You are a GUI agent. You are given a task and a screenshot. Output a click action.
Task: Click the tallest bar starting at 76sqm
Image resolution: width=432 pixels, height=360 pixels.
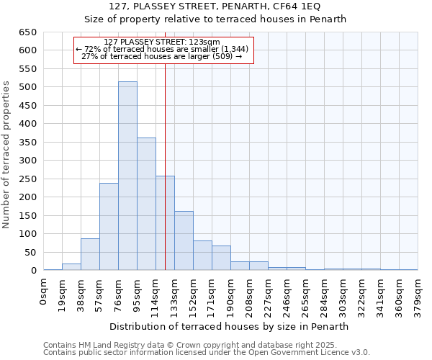pyautogui.click(x=127, y=176)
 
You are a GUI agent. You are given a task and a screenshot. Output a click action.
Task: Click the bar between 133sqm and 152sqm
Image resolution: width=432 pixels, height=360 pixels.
pyautogui.click(x=184, y=240)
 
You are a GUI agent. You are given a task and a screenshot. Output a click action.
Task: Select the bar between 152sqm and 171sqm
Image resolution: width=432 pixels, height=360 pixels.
pyautogui.click(x=202, y=256)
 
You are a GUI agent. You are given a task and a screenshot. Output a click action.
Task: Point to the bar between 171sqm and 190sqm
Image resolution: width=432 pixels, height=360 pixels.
pyautogui.click(x=221, y=258)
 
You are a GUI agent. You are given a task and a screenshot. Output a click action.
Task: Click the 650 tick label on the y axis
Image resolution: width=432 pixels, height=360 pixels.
pyautogui.click(x=28, y=32)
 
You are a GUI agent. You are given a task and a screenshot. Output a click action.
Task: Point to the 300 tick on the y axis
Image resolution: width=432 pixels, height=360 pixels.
pyautogui.click(x=28, y=161)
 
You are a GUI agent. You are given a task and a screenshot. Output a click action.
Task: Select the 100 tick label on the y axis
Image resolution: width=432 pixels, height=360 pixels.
pyautogui.click(x=28, y=234)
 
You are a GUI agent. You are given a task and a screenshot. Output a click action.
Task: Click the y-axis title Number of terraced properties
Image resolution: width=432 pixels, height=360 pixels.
pyautogui.click(x=7, y=155)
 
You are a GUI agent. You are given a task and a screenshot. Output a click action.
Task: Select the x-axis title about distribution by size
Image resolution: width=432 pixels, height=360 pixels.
pyautogui.click(x=230, y=326)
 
